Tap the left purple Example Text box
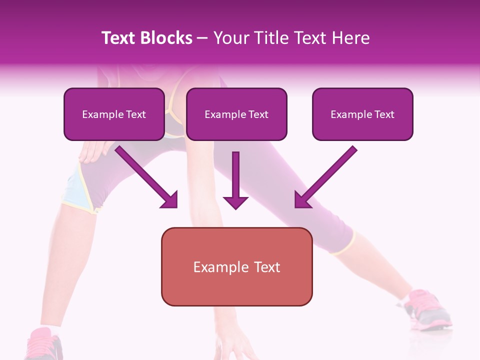(x=114, y=114)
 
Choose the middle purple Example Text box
(x=236, y=114)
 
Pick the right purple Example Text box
(x=362, y=114)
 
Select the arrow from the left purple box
(x=147, y=177)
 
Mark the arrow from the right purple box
(x=325, y=177)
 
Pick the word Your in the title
(x=229, y=38)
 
